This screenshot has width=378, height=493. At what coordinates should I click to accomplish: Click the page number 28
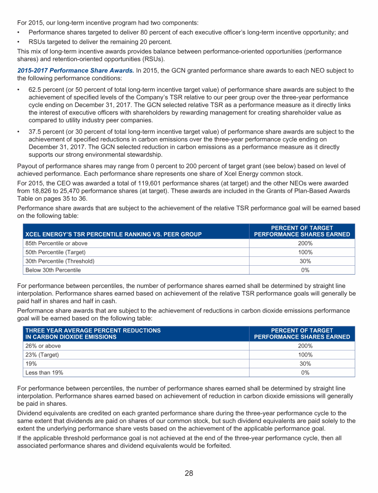click(x=189, y=473)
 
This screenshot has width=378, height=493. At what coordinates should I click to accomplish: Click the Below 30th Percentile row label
click(x=53, y=270)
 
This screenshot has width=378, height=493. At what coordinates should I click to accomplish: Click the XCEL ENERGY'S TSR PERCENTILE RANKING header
click(x=113, y=234)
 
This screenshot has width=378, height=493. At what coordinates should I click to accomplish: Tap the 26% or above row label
click(x=43, y=346)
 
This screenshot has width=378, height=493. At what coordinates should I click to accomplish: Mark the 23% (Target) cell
click(x=42, y=354)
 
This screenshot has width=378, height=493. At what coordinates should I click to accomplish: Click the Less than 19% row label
click(x=44, y=372)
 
